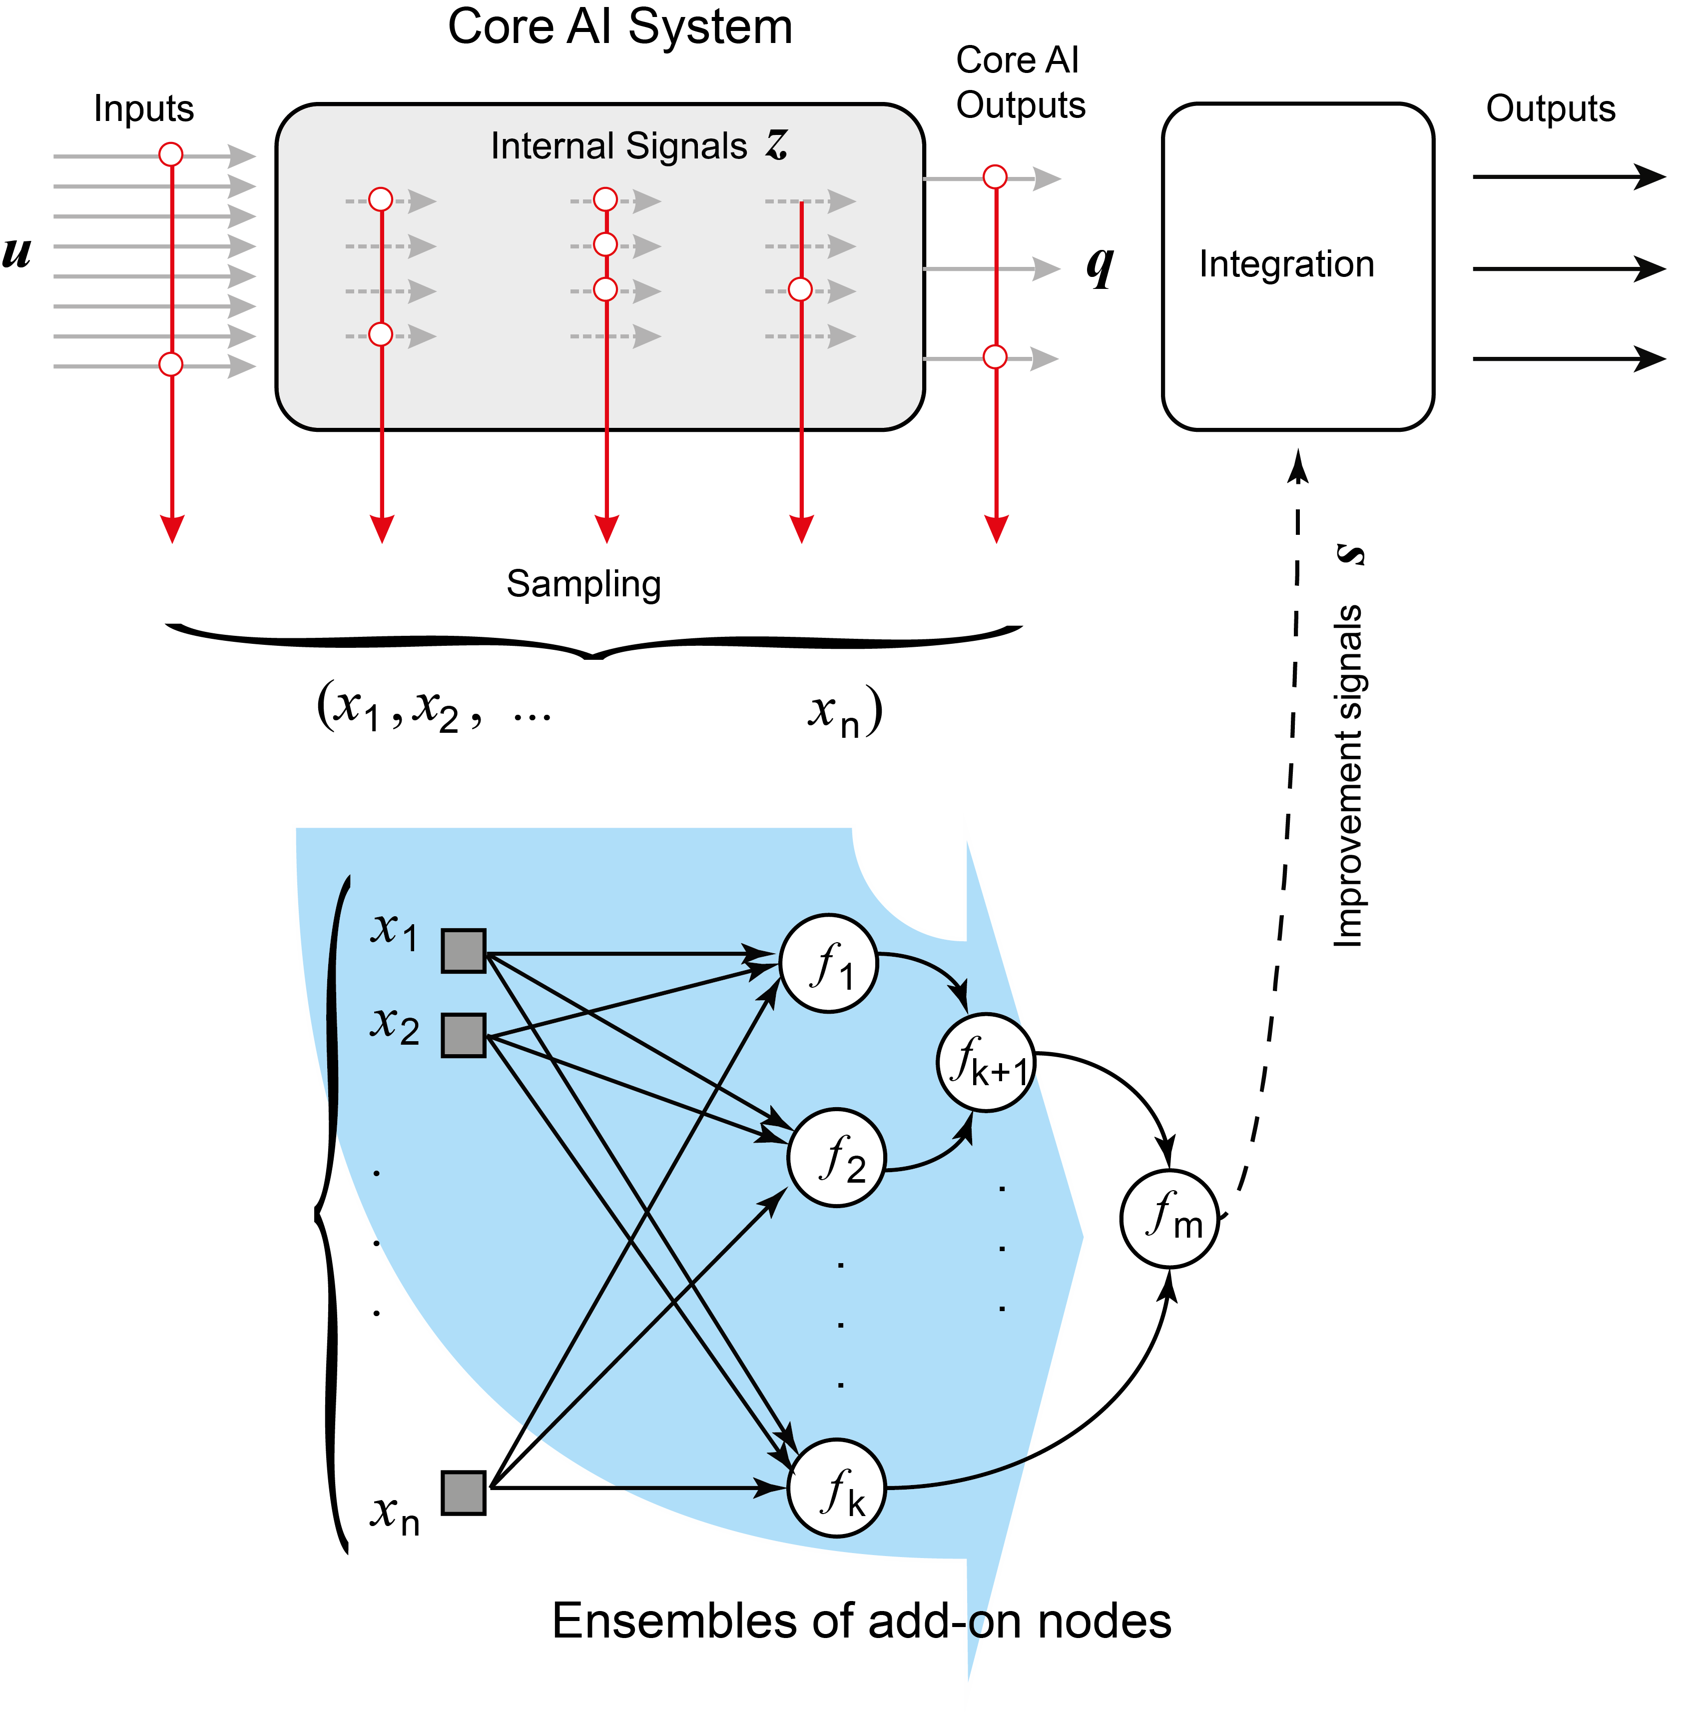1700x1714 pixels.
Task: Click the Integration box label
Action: (x=1286, y=264)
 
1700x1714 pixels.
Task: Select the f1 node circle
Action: (x=828, y=963)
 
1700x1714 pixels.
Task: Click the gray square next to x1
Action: (x=463, y=951)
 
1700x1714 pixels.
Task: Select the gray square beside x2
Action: (x=463, y=1035)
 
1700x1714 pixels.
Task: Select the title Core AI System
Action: (x=619, y=26)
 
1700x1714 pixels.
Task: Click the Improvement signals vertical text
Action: (x=1348, y=776)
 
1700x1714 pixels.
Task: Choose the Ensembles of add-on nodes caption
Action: (x=860, y=1621)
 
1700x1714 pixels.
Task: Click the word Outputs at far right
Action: (x=1550, y=109)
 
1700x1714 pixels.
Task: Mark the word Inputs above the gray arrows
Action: (x=144, y=109)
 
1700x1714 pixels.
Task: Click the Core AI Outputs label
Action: (x=1020, y=82)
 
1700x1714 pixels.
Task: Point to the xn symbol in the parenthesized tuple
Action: (x=834, y=712)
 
